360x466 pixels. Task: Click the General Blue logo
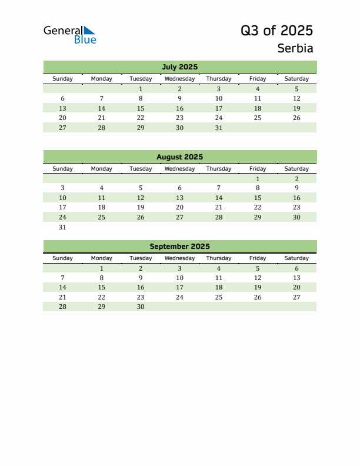tap(69, 35)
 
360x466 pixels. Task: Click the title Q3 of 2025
tap(276, 31)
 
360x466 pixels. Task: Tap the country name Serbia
tap(295, 48)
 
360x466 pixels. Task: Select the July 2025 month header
tap(179, 67)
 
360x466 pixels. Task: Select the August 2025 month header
tap(179, 157)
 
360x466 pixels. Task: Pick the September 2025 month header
tap(179, 247)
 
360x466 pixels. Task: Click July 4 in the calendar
tap(258, 89)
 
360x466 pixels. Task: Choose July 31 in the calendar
tap(219, 128)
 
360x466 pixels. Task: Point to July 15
tap(141, 108)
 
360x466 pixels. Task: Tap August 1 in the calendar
tap(258, 179)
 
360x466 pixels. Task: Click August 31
tap(63, 227)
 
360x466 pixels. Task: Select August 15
tap(258, 198)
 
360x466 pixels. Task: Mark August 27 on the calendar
tap(179, 217)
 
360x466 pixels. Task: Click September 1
tap(102, 268)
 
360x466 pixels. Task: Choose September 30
tap(141, 307)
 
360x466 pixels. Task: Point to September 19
tap(258, 287)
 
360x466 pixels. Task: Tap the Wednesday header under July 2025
tap(179, 79)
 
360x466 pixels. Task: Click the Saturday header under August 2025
tap(296, 169)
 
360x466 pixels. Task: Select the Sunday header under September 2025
tap(63, 258)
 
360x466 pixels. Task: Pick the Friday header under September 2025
tap(258, 258)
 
